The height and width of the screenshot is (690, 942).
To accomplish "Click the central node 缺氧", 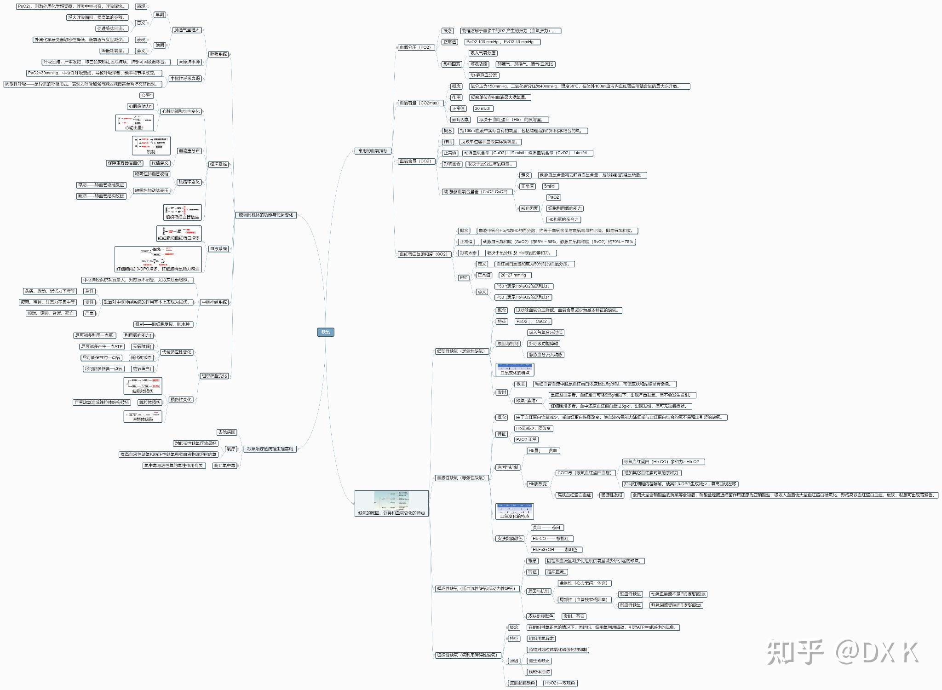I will pyautogui.click(x=325, y=332).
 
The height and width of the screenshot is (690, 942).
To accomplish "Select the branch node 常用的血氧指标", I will pyautogui.click(x=373, y=151).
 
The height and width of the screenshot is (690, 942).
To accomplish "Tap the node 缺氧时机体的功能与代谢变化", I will pyautogui.click(x=266, y=215).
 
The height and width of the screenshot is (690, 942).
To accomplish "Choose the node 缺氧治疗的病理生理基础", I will pyautogui.click(x=270, y=448).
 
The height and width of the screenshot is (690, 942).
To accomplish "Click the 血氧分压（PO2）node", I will pyautogui.click(x=415, y=47).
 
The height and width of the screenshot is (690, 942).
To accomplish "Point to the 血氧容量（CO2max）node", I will pyautogui.click(x=419, y=103).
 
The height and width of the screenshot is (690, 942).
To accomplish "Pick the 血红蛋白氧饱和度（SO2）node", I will pyautogui.click(x=423, y=254).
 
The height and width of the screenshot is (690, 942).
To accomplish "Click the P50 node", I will pyautogui.click(x=463, y=278).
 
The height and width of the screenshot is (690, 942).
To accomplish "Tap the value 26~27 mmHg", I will pyautogui.click(x=513, y=275).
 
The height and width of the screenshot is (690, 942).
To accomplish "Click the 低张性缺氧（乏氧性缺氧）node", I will pyautogui.click(x=460, y=351).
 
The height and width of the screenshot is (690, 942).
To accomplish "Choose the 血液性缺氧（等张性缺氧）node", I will pyautogui.click(x=460, y=478).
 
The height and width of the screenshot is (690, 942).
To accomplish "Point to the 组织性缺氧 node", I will pyautogui.click(x=467, y=655).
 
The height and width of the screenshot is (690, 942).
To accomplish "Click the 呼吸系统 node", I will pyautogui.click(x=218, y=54).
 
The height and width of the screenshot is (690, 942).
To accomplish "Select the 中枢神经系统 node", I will pyautogui.click(x=215, y=302).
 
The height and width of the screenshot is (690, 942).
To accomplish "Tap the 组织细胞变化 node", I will pyautogui.click(x=214, y=376).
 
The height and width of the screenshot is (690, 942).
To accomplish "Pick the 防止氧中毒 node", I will pyautogui.click(x=224, y=466).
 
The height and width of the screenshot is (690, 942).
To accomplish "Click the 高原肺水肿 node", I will pyautogui.click(x=189, y=62).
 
